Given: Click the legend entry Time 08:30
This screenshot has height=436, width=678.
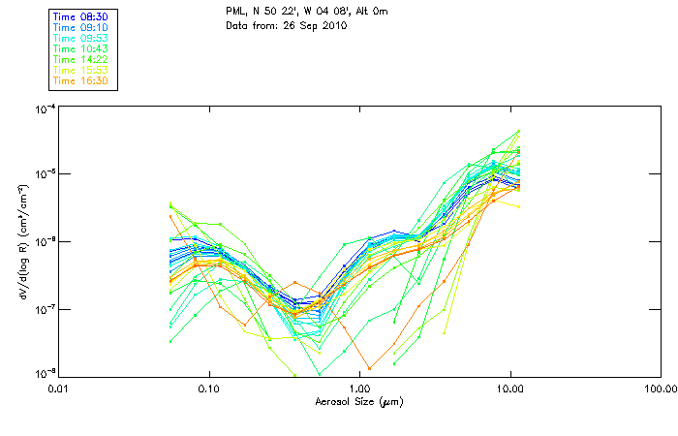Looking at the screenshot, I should point(81,16).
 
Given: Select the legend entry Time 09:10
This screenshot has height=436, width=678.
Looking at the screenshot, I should point(81,27).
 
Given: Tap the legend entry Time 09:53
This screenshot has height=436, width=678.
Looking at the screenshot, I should point(81,38).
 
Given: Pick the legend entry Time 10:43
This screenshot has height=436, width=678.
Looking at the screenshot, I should point(81,48).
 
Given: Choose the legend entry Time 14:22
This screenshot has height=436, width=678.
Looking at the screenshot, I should point(81,59).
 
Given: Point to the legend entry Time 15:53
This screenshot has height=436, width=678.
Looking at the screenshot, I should point(81,70).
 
